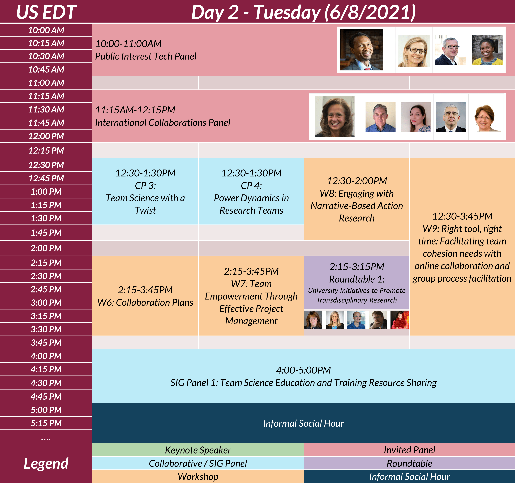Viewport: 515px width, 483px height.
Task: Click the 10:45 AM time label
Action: click(46, 69)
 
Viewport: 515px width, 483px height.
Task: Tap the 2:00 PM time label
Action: click(46, 248)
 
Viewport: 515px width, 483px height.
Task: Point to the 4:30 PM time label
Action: click(46, 383)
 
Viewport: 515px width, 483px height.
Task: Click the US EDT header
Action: click(46, 12)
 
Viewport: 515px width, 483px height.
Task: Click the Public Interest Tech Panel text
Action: click(146, 56)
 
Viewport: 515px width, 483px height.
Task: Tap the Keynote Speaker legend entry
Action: click(198, 450)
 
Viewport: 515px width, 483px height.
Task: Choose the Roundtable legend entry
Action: click(409, 463)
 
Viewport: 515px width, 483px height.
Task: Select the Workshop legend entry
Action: click(198, 477)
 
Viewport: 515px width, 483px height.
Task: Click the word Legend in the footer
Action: click(46, 463)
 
